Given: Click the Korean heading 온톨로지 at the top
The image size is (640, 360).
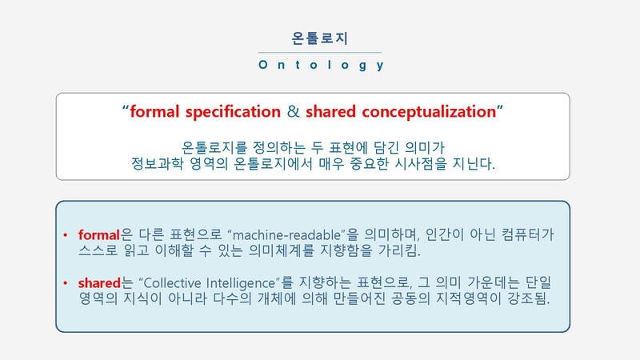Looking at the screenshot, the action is pyautogui.click(x=319, y=38).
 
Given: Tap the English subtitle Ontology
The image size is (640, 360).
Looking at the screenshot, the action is pyautogui.click(x=322, y=65).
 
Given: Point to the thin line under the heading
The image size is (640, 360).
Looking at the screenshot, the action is pyautogui.click(x=320, y=52).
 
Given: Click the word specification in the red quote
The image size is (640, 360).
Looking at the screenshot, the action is pyautogui.click(x=233, y=112).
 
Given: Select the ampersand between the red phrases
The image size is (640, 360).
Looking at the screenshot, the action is pyautogui.click(x=293, y=111).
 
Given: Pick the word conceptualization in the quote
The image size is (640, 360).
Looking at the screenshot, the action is pyautogui.click(x=429, y=112).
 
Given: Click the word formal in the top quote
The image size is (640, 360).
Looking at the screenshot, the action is pyautogui.click(x=154, y=111).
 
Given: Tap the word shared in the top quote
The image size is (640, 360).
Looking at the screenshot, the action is pyautogui.click(x=330, y=111).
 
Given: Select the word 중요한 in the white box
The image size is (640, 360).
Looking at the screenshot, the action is pyautogui.click(x=369, y=164).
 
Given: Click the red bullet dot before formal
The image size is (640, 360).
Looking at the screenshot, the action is pyautogui.click(x=66, y=235).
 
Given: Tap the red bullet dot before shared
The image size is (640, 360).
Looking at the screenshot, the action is pyautogui.click(x=66, y=283).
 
